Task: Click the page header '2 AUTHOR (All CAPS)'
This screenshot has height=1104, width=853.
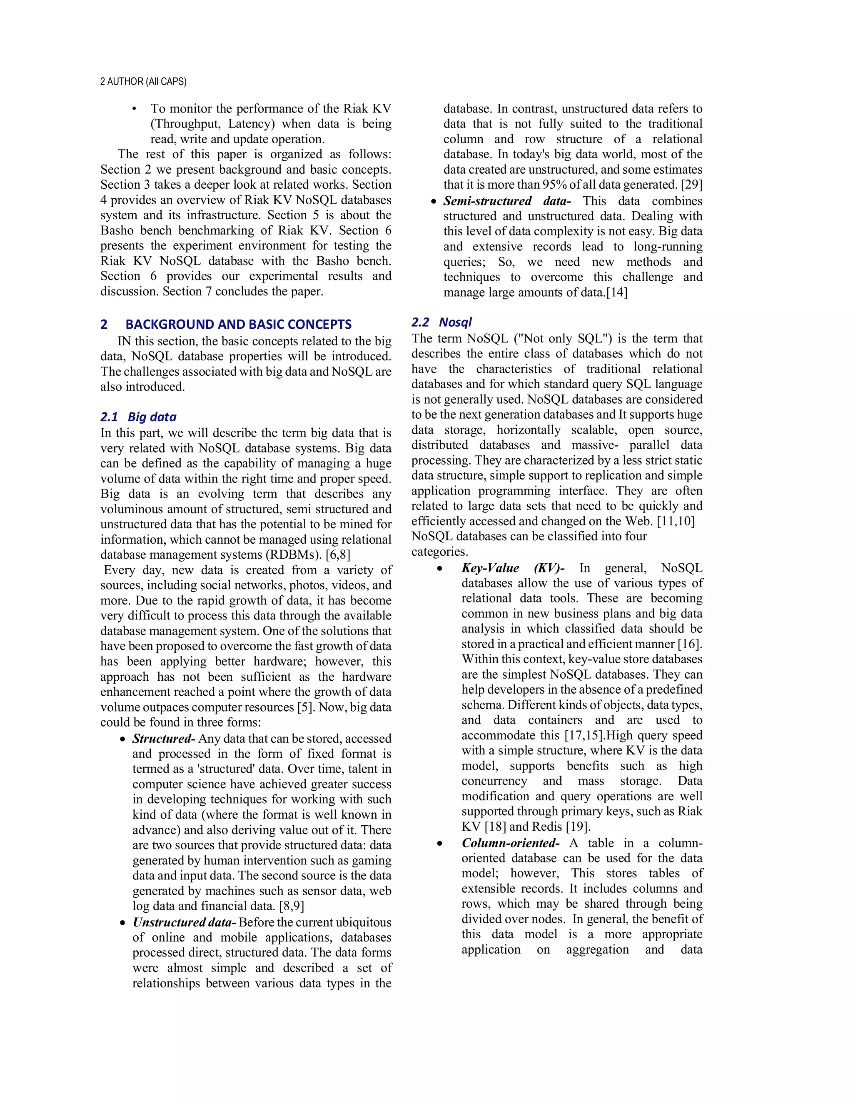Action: tap(143, 81)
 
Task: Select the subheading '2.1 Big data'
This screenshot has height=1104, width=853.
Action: tap(138, 417)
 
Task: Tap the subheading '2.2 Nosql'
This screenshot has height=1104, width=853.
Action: tap(441, 322)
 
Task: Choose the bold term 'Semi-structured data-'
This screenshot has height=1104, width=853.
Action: tap(507, 201)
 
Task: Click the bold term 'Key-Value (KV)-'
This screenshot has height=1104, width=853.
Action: tap(512, 568)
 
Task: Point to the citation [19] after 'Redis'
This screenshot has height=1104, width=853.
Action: tap(578, 827)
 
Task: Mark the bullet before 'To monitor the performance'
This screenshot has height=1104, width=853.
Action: tap(135, 109)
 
